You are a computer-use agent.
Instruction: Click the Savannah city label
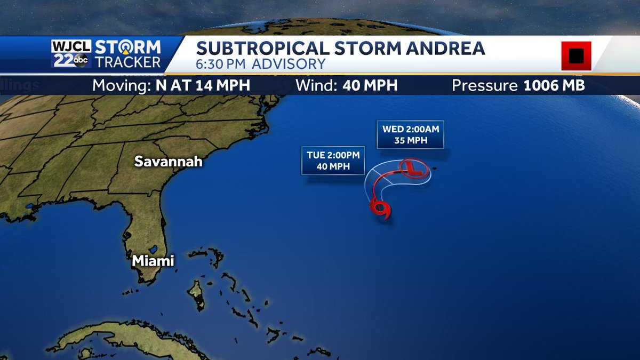click(x=168, y=161)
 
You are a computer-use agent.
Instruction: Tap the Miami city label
click(x=153, y=261)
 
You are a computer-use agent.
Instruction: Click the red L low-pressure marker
click(x=411, y=168)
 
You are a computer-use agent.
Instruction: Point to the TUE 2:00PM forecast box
click(x=333, y=160)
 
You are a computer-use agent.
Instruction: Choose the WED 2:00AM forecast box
click(x=410, y=135)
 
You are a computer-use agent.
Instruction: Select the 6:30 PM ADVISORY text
click(x=261, y=64)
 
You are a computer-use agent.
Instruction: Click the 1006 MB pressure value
click(x=554, y=85)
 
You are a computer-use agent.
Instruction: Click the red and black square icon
click(x=575, y=55)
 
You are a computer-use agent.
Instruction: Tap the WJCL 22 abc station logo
click(x=71, y=54)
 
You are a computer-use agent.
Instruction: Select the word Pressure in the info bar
click(x=484, y=85)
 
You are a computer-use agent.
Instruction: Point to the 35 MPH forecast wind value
click(x=410, y=141)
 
